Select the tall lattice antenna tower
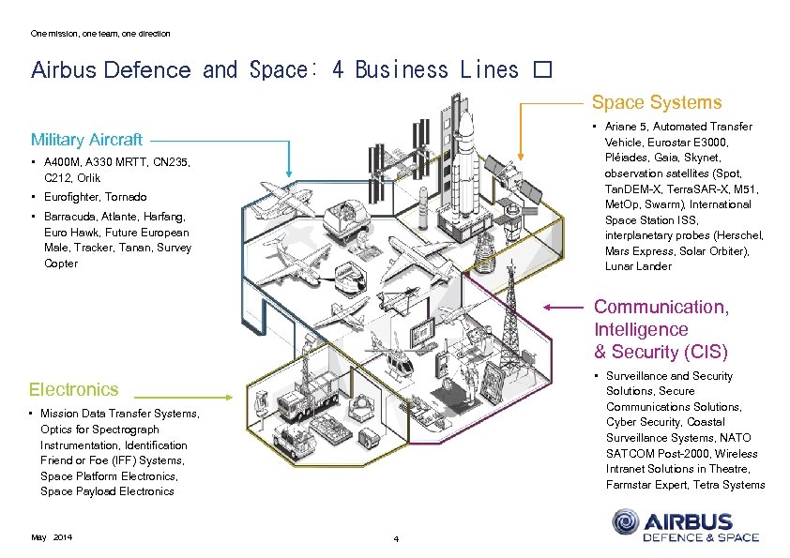512,314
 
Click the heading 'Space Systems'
656,102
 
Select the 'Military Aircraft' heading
86,140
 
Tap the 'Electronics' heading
74,389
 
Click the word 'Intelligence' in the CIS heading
641,329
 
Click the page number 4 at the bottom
396,539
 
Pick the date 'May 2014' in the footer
52,536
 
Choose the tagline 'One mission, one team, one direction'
100,34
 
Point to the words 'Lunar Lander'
638,266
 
